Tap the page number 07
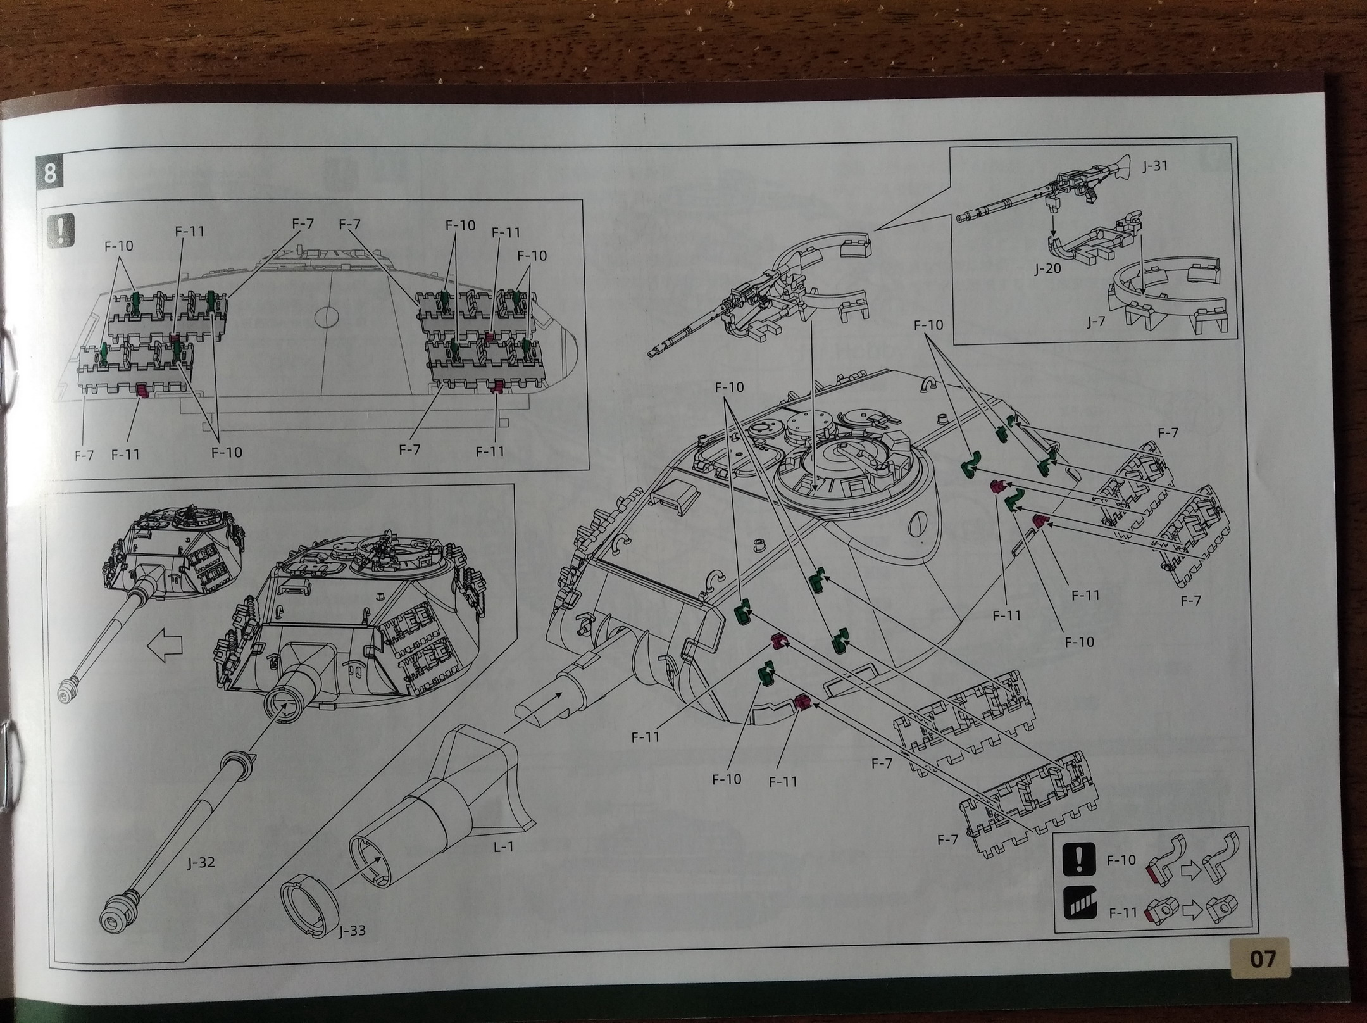tap(1263, 958)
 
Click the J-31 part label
tap(1156, 166)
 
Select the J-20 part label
tap(1047, 269)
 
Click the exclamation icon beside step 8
tap(61, 229)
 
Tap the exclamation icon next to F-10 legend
tap(1079, 861)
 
